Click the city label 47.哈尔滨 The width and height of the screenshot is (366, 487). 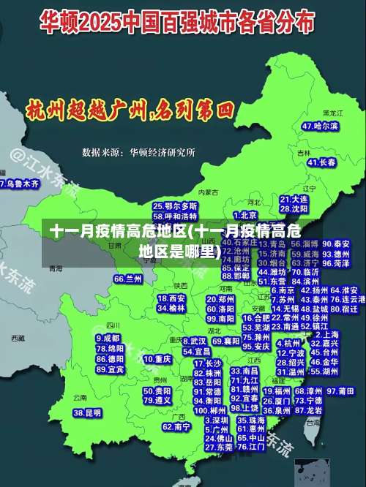click(x=320, y=127)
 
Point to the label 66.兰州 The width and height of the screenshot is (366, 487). click(x=128, y=279)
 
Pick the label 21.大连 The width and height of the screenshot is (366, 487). click(x=294, y=198)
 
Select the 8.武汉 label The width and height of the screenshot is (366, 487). click(x=193, y=341)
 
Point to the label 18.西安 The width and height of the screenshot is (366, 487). click(x=171, y=298)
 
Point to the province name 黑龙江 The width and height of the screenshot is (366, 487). click(x=332, y=114)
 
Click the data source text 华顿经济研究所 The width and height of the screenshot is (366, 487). click(x=162, y=153)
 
